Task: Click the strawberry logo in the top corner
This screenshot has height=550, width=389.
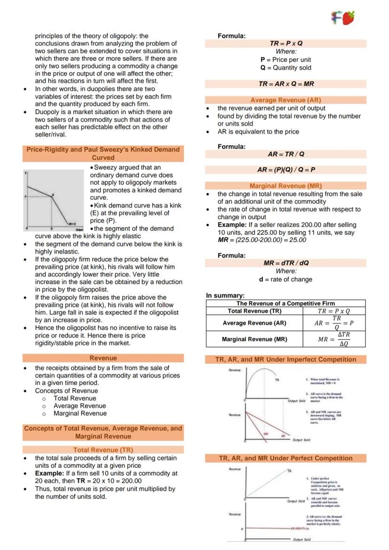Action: pos(343,18)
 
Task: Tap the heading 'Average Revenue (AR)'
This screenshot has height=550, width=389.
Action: pos(286,100)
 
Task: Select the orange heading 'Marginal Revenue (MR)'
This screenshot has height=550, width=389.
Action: pos(286,186)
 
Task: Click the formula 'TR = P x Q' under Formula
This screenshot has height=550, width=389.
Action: pos(286,43)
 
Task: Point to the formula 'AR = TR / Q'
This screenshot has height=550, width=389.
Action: pos(286,154)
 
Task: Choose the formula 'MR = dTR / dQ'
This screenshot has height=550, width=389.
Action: pos(286,263)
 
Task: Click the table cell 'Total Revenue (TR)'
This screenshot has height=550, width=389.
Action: pos(254,311)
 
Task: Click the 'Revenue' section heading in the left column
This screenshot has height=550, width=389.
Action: pos(103,358)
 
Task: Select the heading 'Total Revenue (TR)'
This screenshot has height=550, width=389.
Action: pos(103,450)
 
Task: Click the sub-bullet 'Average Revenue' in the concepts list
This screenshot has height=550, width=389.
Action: pos(80,406)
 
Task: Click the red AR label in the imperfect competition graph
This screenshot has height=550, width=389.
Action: pos(283,436)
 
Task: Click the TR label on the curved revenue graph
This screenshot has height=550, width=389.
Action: pos(277,380)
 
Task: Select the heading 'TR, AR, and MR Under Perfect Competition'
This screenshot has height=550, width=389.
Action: pos(286,458)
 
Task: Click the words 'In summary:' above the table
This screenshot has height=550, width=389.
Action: pos(226,295)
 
